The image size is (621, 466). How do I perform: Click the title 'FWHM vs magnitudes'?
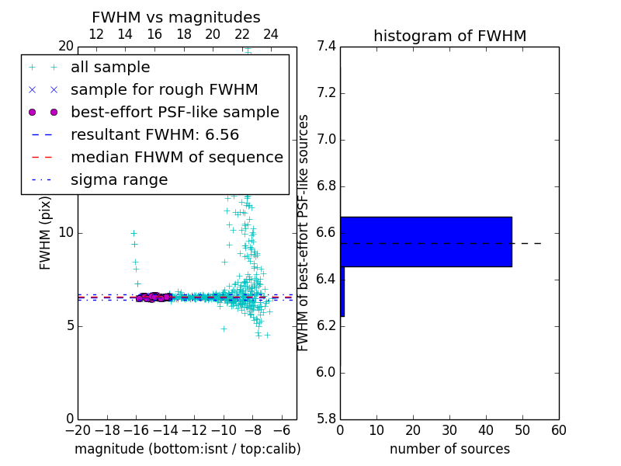[175, 17]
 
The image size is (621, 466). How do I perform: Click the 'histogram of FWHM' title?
[449, 36]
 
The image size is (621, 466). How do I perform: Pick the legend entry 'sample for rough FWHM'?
[164, 89]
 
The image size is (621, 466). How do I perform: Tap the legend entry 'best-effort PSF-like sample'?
[175, 112]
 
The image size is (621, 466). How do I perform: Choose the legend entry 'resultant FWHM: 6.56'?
[154, 134]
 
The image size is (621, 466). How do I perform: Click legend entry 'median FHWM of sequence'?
[176, 157]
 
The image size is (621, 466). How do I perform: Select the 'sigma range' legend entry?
[119, 179]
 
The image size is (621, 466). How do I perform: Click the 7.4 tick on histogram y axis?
[326, 47]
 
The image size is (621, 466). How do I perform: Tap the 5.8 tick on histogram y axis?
[326, 419]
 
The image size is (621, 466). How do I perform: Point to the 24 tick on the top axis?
[271, 34]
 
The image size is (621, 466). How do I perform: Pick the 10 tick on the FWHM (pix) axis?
[66, 233]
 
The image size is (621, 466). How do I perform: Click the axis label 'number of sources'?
[449, 449]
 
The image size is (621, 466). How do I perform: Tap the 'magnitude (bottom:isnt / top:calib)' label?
[187, 449]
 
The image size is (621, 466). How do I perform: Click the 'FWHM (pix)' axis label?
[46, 233]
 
